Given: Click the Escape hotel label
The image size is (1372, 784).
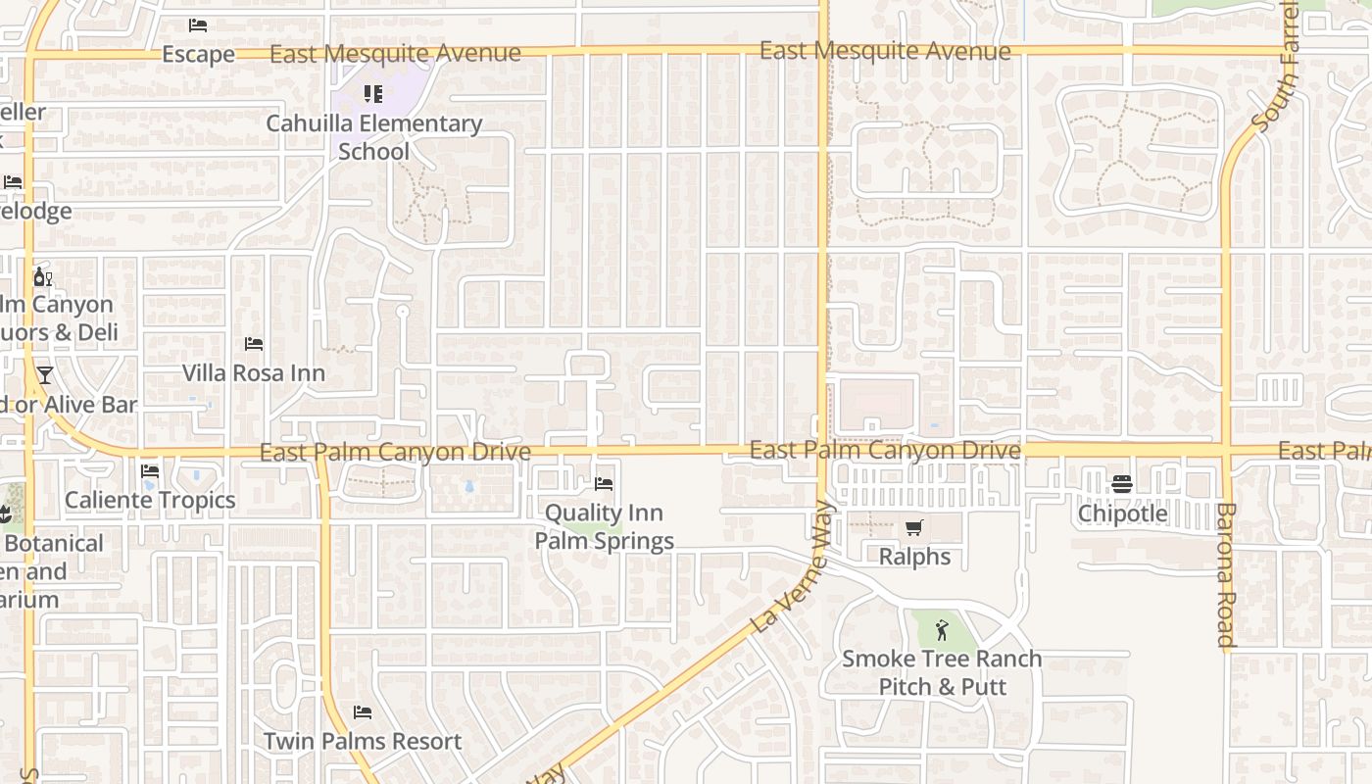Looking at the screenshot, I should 198,55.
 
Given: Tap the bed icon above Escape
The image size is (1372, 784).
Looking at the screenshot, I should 198,25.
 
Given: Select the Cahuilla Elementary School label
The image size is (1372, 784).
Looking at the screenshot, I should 374,137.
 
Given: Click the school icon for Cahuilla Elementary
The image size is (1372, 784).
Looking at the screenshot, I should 373,94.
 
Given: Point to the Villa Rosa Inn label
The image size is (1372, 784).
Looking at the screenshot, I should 254,373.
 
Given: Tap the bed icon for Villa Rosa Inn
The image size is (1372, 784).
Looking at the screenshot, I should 254,344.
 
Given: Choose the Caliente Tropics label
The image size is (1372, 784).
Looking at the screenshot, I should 150,500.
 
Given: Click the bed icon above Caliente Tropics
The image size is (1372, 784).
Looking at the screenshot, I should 150,471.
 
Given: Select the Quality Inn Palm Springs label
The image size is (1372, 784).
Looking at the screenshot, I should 604,526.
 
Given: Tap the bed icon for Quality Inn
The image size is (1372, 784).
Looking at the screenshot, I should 604,484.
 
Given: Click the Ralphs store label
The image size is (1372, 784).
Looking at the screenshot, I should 914,557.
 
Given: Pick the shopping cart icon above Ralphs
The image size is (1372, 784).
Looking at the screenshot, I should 914,528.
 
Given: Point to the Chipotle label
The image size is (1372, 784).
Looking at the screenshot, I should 1122,514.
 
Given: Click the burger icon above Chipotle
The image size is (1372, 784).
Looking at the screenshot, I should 1122,484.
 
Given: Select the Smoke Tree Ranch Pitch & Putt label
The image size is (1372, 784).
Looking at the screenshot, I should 942,672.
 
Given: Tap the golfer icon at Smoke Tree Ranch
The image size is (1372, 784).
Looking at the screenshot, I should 942,630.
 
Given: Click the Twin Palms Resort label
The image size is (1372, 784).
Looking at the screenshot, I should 363,741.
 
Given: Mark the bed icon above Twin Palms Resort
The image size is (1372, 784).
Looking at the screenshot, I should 363,712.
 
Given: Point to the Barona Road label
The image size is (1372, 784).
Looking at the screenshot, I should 1225,575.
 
